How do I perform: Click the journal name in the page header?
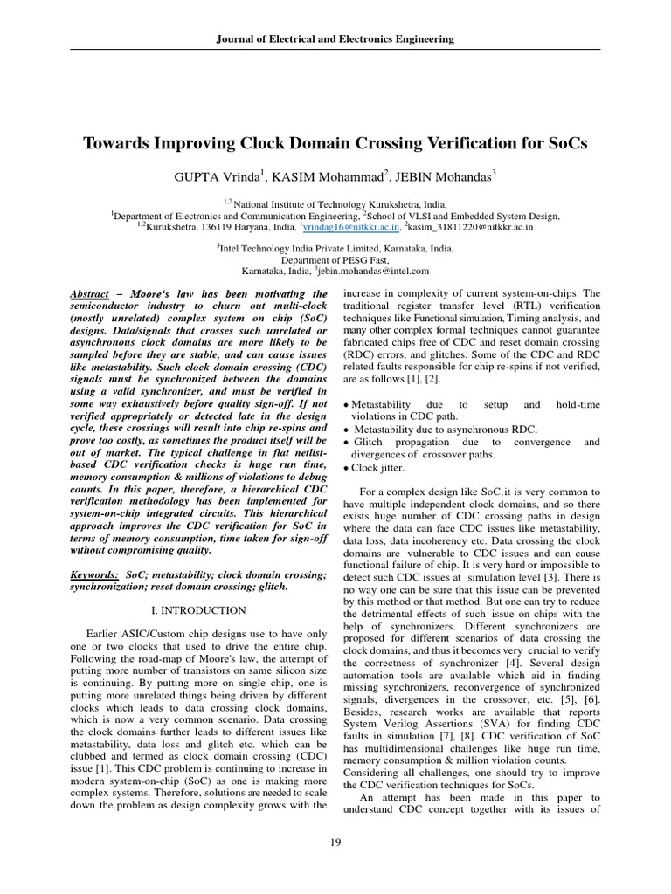(x=335, y=39)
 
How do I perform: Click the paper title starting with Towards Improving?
(x=335, y=142)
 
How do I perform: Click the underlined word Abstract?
(x=89, y=295)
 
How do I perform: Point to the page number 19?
(x=335, y=841)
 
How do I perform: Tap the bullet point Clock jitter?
(x=377, y=467)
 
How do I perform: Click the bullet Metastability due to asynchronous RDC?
(x=446, y=430)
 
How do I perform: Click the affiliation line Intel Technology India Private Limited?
(x=335, y=248)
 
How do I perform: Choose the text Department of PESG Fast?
(x=335, y=260)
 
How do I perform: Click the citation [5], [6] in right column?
(x=579, y=651)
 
